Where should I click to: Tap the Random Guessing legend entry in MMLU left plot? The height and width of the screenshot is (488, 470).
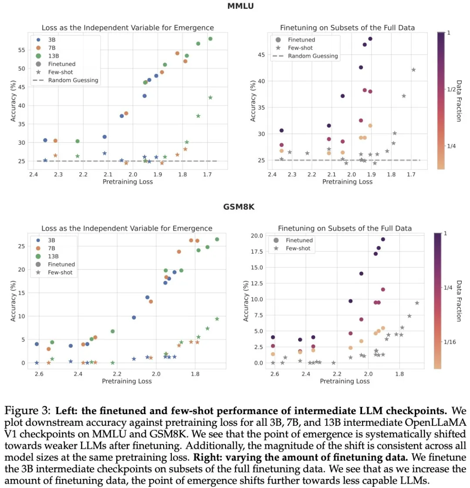coord(73,80)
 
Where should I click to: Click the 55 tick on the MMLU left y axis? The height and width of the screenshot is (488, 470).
coord(21,50)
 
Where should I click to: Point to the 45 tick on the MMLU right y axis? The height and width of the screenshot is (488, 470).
coord(261,55)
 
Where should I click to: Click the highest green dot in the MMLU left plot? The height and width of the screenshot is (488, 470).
coord(210,39)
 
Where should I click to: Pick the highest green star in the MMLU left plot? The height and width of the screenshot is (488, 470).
coord(210,97)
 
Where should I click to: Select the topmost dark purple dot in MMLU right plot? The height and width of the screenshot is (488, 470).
coord(370,39)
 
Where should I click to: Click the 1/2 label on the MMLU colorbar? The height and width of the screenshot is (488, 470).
coord(451,89)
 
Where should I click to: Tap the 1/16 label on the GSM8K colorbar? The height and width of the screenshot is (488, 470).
coord(450,342)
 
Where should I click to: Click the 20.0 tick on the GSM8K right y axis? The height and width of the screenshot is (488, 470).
coord(257,236)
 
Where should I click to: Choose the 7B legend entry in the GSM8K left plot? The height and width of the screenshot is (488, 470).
coord(52,248)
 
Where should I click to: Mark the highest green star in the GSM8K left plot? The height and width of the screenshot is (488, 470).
coord(217,319)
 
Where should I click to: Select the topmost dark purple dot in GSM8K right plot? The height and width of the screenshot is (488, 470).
coord(383,239)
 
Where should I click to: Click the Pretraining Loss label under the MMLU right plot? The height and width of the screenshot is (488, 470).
coord(347,182)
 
